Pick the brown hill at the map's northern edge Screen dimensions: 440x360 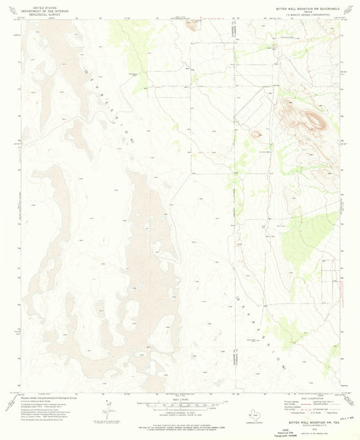pyautogui.click(x=192, y=26)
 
